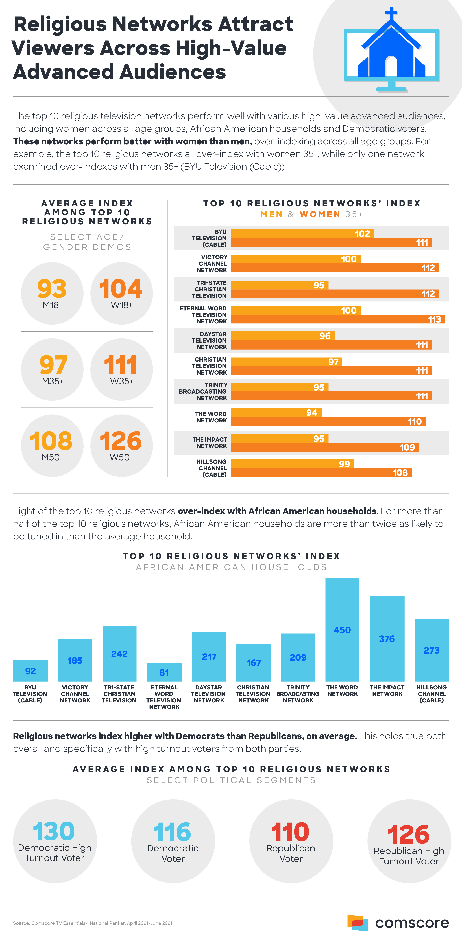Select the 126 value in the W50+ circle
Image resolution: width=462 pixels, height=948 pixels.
tap(121, 441)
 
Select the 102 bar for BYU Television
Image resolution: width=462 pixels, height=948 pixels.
tap(302, 234)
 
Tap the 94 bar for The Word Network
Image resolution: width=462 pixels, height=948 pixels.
tap(276, 413)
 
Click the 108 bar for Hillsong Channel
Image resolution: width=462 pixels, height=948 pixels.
tap(321, 472)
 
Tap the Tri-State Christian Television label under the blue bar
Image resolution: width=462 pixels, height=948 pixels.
tap(119, 694)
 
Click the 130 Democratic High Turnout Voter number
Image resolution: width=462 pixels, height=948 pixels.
tap(54, 831)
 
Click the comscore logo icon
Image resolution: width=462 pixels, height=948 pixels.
tap(357, 923)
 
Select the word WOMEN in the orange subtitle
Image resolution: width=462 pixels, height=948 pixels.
tap(320, 214)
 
